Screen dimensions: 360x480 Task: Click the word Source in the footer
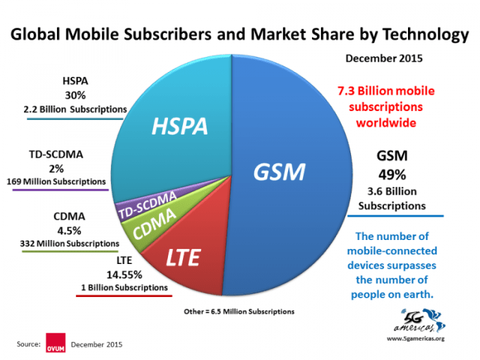29,342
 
